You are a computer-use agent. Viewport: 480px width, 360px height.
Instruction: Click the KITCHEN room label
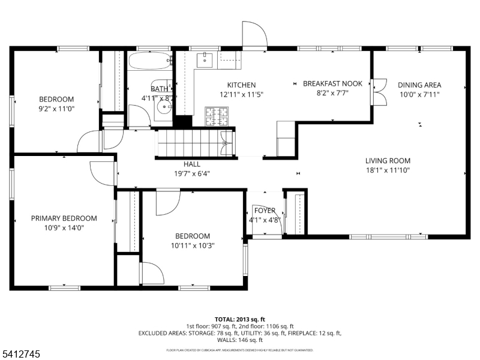tap(241, 85)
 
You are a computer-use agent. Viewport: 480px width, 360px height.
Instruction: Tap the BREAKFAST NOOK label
tap(332, 84)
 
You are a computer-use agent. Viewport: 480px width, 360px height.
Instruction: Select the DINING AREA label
tap(419, 85)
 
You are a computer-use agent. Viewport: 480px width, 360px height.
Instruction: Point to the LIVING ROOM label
tap(388, 161)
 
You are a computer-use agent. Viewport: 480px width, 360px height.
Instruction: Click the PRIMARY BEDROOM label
tap(64, 218)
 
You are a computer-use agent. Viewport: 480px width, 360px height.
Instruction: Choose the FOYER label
tap(265, 211)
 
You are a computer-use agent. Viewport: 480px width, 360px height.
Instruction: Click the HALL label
tap(192, 164)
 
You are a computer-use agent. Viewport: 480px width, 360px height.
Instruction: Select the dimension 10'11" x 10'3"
tap(193, 245)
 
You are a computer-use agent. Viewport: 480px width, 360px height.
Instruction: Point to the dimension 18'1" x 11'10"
tap(388, 170)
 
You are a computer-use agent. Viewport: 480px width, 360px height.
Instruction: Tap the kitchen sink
tap(205, 59)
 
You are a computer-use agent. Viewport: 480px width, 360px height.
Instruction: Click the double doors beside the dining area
tap(379, 91)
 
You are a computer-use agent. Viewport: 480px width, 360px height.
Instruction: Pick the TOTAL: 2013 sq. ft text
tap(239, 319)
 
